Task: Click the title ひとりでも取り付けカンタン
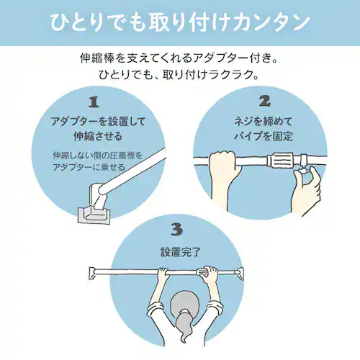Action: coord(180,22)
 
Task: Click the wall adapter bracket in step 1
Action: coord(94,211)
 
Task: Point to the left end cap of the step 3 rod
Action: coord(91,272)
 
